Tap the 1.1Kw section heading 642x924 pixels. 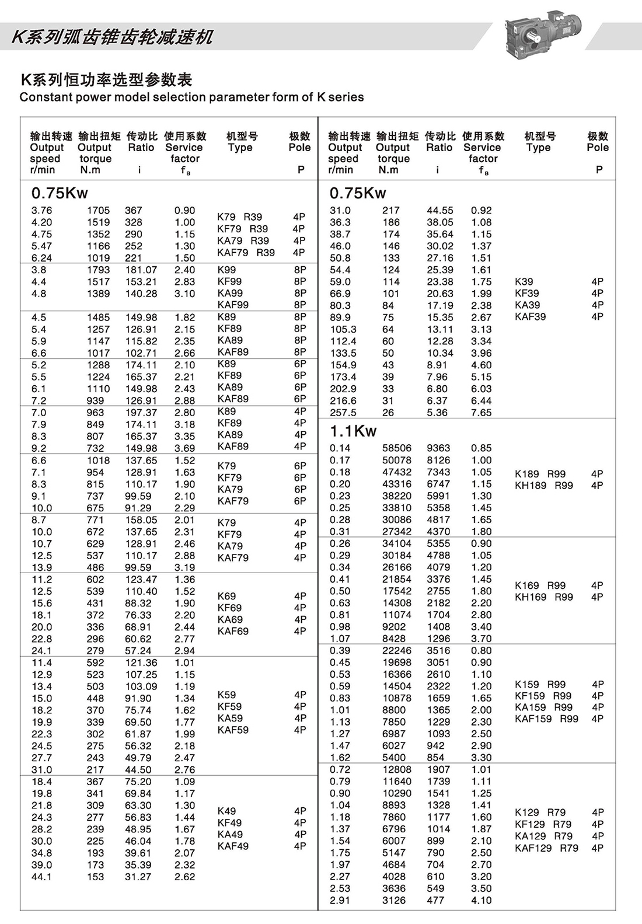tap(353, 431)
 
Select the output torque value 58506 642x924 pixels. tap(397, 448)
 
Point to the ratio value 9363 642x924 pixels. tap(438, 448)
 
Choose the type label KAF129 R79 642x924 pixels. tap(546, 848)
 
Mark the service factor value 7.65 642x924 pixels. tap(481, 413)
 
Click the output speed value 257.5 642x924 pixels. tap(343, 413)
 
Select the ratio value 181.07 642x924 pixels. tap(141, 270)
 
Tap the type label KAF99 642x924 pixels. tap(233, 305)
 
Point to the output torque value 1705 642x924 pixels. tap(98, 211)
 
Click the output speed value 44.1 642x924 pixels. tap(41, 877)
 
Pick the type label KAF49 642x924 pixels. tap(233, 846)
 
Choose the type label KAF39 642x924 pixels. tap(530, 317)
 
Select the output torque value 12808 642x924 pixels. tap(397, 770)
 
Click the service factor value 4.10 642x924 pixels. tap(481, 901)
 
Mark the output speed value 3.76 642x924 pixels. tap(41, 211)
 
